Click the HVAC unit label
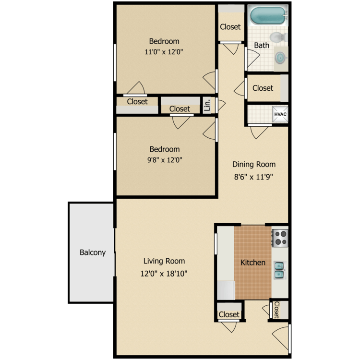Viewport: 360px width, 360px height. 279,114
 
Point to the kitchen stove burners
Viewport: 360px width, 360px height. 280,237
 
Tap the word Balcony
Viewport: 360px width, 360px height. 92,252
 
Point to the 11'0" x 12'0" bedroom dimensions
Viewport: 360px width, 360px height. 164,52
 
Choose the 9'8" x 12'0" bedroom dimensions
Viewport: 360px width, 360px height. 164,160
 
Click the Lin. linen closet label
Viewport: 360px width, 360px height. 207,105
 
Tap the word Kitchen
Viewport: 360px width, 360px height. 252,263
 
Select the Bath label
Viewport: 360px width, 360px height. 262,46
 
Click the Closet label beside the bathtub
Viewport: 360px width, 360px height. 230,27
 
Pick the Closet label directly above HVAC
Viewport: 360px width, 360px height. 263,88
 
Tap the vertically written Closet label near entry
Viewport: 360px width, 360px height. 276,310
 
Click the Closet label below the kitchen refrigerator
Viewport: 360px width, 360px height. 229,314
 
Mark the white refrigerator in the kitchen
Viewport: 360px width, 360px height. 225,290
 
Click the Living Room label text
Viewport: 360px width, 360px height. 164,261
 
